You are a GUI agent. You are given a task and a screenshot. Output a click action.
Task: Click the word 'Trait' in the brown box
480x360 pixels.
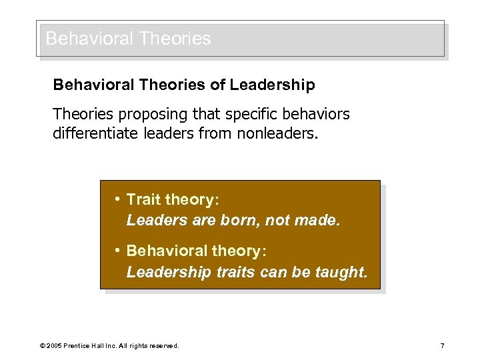click(x=143, y=199)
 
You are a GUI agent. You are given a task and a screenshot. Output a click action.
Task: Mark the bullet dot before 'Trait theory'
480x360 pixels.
click(x=117, y=199)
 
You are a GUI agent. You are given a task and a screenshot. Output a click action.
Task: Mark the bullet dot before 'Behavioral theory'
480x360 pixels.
click(x=117, y=250)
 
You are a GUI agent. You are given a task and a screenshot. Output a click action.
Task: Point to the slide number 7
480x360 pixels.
click(x=442, y=345)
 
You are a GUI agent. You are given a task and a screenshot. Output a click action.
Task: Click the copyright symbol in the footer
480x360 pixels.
click(x=42, y=346)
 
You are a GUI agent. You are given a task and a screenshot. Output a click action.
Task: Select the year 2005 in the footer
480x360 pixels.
click(x=54, y=346)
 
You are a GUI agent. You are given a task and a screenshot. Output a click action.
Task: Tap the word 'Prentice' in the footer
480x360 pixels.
click(x=77, y=346)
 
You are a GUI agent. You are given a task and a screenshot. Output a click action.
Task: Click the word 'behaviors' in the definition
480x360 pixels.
click(x=314, y=115)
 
